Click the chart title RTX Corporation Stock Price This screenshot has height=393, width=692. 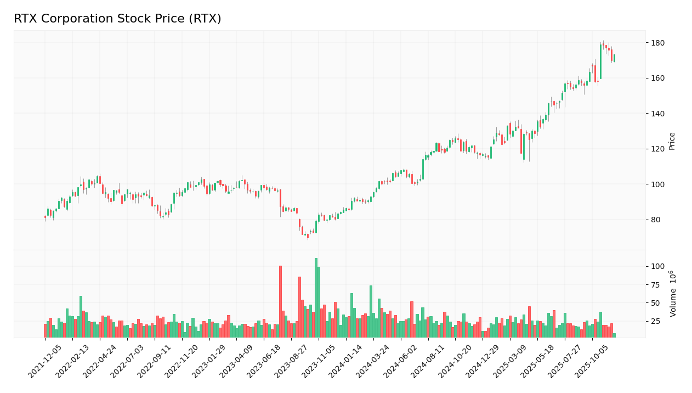(x=117, y=19)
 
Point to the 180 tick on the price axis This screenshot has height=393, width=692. (x=657, y=43)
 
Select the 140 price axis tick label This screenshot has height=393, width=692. (x=657, y=114)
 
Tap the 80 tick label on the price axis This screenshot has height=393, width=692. (x=655, y=220)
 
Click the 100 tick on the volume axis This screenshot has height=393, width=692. (x=657, y=266)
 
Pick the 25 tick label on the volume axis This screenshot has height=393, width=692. (x=655, y=321)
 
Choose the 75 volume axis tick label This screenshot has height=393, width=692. (x=655, y=284)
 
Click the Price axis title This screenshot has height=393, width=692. (x=672, y=141)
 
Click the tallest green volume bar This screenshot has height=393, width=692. (x=316, y=297)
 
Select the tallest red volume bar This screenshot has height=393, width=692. (x=280, y=301)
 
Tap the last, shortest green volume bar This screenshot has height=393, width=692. (x=614, y=335)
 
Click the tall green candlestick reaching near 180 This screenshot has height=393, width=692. (x=600, y=61)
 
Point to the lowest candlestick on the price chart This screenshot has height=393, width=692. (x=308, y=236)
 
